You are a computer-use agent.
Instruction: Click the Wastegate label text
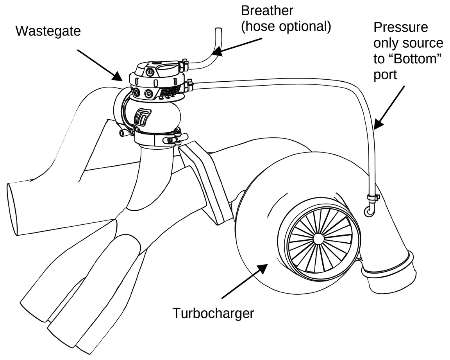[48, 31]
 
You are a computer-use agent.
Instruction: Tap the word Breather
[267, 11]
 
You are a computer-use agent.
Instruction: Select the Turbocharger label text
[213, 313]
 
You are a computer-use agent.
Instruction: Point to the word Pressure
[401, 27]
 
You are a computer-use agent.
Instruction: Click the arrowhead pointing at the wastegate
[118, 77]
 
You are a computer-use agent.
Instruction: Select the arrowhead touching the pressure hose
[379, 124]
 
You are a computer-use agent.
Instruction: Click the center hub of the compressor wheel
[318, 238]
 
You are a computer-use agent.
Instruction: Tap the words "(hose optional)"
[286, 27]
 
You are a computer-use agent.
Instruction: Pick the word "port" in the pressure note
[385, 75]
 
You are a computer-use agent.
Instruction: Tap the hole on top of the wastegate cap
[157, 63]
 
